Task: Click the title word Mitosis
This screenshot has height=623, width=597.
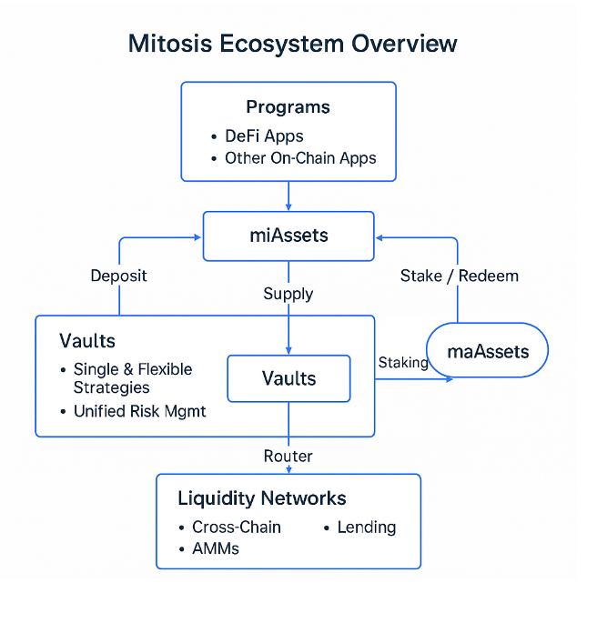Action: click(170, 43)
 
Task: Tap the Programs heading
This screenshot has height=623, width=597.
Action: click(288, 107)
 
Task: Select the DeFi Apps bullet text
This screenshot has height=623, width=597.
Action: click(264, 136)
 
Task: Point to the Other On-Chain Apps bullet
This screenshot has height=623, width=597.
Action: click(300, 158)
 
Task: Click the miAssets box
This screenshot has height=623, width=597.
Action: click(288, 236)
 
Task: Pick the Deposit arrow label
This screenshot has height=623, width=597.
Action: click(119, 276)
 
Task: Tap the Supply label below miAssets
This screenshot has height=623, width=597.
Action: click(288, 294)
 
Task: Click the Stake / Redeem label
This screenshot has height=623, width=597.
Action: click(459, 276)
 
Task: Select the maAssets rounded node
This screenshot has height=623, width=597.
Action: click(487, 350)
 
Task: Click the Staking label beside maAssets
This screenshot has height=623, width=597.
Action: click(403, 362)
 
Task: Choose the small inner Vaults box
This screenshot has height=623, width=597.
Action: click(289, 378)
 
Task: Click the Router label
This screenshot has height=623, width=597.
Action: click(288, 457)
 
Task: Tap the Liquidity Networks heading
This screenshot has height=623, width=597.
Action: click(262, 498)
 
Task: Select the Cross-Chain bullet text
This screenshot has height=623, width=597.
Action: click(237, 528)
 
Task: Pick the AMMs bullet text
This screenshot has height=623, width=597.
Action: click(216, 548)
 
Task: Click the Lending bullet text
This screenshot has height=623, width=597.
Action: click(367, 528)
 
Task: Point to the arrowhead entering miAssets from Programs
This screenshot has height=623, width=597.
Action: click(288, 207)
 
